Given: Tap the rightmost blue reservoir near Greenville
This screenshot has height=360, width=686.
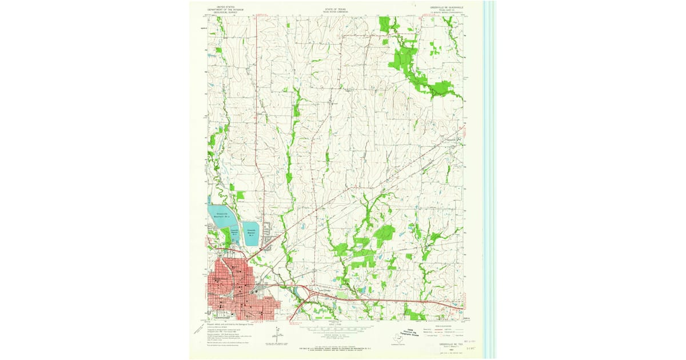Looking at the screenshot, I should coord(251,234).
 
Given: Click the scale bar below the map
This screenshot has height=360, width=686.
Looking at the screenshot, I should coord(337,330).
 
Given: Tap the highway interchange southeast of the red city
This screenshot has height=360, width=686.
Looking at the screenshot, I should coord(306,293).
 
